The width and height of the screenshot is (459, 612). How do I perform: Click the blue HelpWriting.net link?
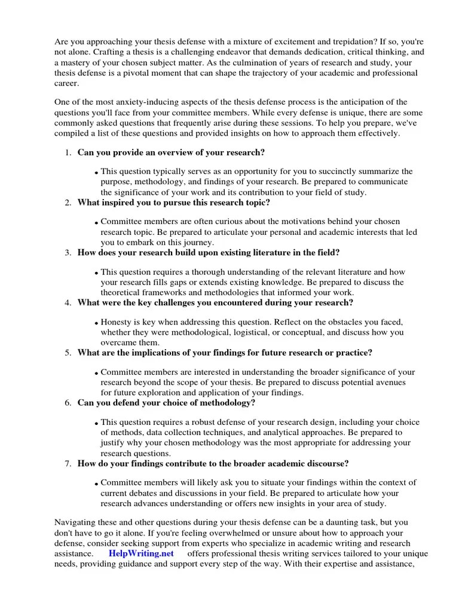click(x=141, y=553)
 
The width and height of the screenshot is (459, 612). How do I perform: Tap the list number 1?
click(x=68, y=153)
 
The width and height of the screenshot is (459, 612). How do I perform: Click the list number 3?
click(x=68, y=252)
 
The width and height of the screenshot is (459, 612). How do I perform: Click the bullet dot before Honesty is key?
click(x=96, y=323)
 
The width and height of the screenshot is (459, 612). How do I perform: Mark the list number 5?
click(x=68, y=353)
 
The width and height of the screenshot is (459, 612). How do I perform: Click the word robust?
click(x=207, y=421)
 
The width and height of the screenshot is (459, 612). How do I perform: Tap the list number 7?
click(x=68, y=463)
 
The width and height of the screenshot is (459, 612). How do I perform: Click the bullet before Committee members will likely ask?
click(x=96, y=484)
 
